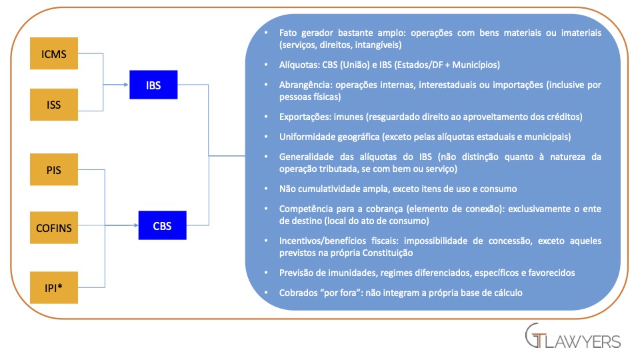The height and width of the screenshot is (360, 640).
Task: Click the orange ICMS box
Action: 54,53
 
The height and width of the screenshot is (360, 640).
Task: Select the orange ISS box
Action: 54,105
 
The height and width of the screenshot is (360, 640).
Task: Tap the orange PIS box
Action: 54,169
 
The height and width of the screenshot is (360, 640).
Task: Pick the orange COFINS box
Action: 54,227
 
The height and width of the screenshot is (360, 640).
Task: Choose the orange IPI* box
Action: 54,287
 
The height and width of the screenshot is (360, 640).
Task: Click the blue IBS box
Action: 153,85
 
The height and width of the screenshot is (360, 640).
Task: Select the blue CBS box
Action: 163,225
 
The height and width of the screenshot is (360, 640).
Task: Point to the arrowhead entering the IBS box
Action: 127,85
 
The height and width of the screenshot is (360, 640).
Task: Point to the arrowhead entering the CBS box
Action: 135,225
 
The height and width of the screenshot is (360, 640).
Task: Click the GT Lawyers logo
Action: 573,336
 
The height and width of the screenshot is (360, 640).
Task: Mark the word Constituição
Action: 388,253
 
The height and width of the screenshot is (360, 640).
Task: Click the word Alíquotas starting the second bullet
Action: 299,65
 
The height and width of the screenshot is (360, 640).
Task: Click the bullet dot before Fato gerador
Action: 267,33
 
